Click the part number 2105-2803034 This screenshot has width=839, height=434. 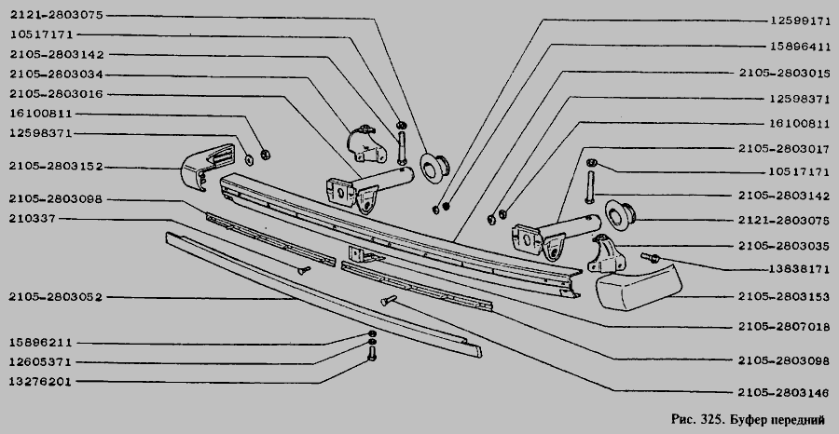tap(56, 75)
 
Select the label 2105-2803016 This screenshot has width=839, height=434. tap(56, 94)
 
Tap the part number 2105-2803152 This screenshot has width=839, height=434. tap(56, 166)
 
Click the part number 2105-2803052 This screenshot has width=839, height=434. tap(56, 297)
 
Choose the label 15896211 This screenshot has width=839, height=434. tap(40, 343)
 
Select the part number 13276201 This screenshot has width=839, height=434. tap(40, 382)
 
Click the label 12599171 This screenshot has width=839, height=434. tap(800, 20)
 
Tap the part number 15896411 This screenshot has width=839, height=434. tap(800, 47)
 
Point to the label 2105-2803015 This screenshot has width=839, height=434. tap(784, 73)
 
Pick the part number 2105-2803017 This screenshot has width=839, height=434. tap(784, 149)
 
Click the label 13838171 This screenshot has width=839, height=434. tap(800, 270)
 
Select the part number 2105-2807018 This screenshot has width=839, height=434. tap(784, 326)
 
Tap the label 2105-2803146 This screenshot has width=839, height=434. tap(784, 393)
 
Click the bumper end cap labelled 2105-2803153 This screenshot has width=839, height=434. tap(639, 286)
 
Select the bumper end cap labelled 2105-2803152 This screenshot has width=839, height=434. tap(208, 167)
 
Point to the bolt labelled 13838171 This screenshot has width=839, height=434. tap(650, 258)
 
